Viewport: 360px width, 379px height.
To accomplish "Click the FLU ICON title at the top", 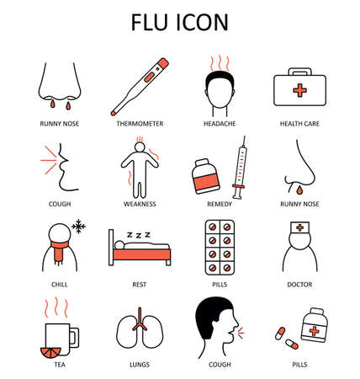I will tap(179, 20).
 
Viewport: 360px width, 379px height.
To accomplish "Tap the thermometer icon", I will tap(140, 87).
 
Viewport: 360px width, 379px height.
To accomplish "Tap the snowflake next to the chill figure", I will tap(80, 227).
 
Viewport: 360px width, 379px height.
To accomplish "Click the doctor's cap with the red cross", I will tap(302, 227).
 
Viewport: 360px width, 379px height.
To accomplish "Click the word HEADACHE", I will tap(220, 123).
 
